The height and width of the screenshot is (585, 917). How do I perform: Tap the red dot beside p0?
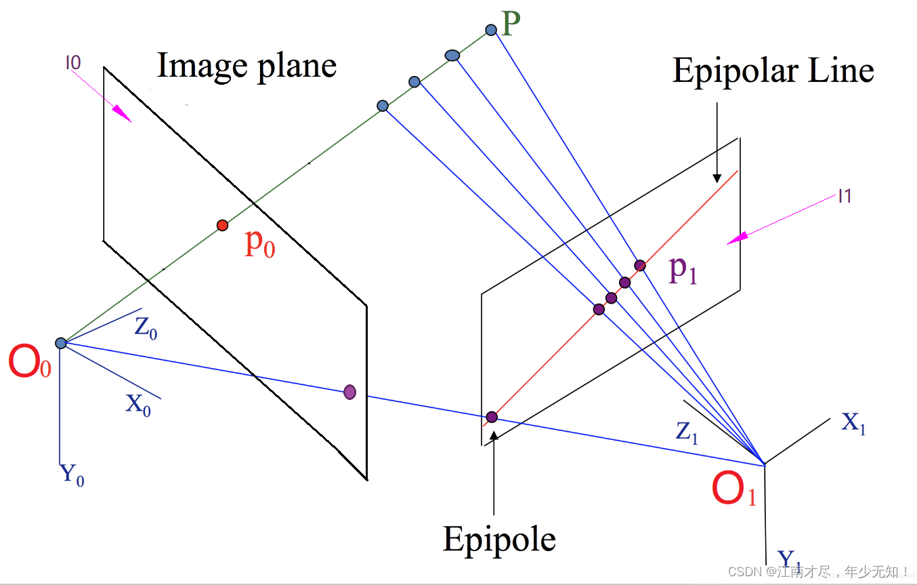tap(222, 225)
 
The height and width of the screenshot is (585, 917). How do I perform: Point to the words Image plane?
tap(247, 66)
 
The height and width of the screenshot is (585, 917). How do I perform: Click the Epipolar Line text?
tap(773, 71)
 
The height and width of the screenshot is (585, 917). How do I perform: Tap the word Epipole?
tap(499, 540)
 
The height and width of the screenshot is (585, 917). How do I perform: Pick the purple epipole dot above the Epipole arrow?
tap(492, 416)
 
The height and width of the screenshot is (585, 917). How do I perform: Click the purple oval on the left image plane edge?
tap(349, 391)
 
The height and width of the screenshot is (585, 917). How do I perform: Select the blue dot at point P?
tap(491, 30)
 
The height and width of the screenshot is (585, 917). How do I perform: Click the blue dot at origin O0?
tap(60, 343)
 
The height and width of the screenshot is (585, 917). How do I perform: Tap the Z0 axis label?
tap(146, 328)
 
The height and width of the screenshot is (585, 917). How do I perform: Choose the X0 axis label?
tap(138, 405)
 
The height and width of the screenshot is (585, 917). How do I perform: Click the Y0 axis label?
tap(72, 474)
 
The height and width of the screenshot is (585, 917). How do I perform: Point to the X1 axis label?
tap(853, 424)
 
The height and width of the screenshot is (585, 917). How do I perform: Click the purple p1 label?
tap(683, 270)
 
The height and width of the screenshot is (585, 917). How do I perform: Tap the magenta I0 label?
tap(73, 63)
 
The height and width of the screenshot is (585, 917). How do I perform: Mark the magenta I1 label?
tap(845, 197)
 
